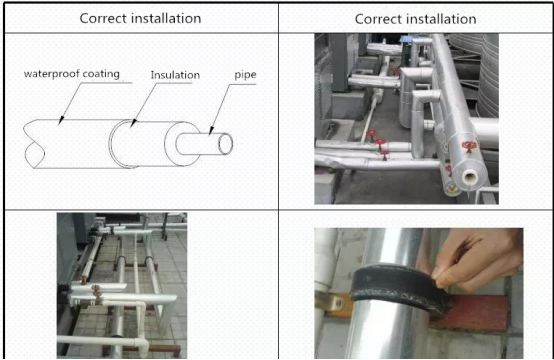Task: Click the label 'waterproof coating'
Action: [x=72, y=74]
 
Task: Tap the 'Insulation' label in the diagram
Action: [x=175, y=75]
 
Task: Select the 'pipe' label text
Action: [x=245, y=75]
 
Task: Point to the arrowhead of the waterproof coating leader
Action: [x=60, y=121]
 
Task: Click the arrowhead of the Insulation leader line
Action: [x=133, y=123]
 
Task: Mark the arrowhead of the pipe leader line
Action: [x=211, y=131]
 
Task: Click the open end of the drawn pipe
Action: [x=225, y=144]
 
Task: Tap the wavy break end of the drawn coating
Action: [x=34, y=144]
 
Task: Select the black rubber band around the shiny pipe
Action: [x=399, y=288]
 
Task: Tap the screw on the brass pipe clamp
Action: [x=340, y=303]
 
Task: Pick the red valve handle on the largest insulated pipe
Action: [x=469, y=146]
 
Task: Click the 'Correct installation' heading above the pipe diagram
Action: [x=140, y=18]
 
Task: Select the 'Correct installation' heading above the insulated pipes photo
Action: [x=416, y=19]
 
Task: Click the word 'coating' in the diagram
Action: [x=101, y=74]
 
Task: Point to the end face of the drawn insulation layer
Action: [x=182, y=144]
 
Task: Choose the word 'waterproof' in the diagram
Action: [x=51, y=74]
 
